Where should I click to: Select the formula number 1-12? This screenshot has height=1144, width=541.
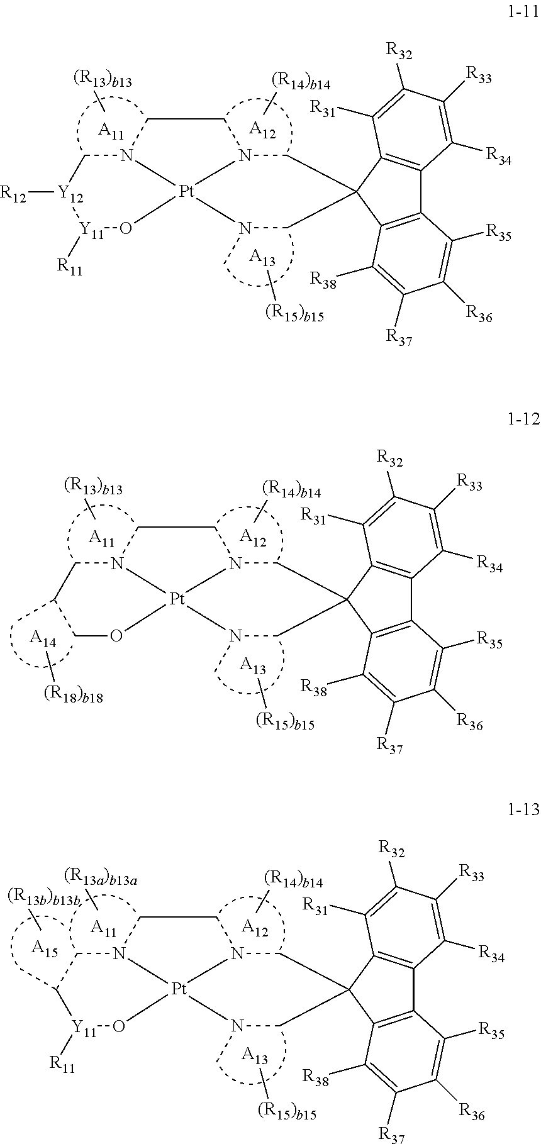point(523,418)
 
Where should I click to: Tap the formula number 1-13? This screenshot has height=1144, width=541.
point(523,810)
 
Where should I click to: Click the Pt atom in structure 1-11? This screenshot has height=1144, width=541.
point(186,191)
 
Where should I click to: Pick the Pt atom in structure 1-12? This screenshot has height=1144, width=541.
point(177,599)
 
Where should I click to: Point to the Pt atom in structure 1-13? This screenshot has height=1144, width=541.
point(179,989)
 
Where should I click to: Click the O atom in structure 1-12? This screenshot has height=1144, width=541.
point(116,636)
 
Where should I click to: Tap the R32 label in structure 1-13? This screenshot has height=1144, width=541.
point(391,850)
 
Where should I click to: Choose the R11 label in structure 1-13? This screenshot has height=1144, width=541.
point(62,1063)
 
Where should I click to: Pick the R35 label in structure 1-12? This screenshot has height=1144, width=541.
point(489,640)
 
